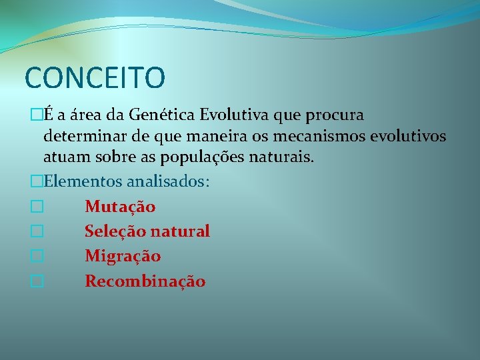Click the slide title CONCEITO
[x=95, y=77]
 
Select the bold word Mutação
[x=120, y=207]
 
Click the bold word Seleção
[x=115, y=231]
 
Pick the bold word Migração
[x=123, y=257]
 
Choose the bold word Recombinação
[x=145, y=281]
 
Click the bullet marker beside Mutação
[x=37, y=207]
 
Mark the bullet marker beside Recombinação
[x=37, y=282]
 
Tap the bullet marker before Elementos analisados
[x=37, y=182]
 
